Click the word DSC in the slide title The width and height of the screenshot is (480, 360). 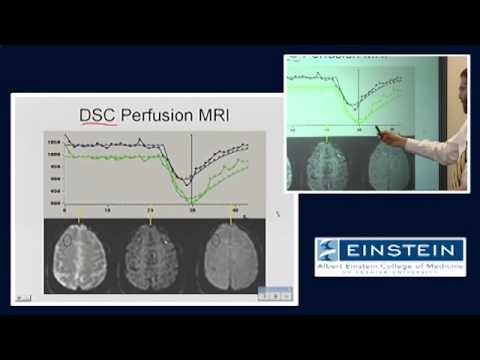point(98,115)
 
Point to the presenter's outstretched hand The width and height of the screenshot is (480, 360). point(388,136)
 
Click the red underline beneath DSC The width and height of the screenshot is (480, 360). point(98,126)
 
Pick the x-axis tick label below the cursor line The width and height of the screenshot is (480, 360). point(191,213)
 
